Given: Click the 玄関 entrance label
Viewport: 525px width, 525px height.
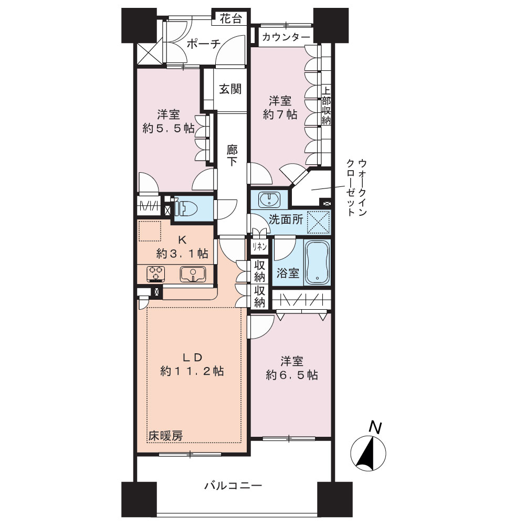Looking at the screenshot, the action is [230, 89].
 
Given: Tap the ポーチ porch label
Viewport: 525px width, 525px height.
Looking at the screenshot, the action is [204, 44].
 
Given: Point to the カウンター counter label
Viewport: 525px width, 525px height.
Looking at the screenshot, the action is [286, 37].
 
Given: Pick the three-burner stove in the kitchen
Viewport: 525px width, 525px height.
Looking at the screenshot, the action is [156, 274].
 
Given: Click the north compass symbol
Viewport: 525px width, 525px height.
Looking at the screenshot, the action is [369, 449].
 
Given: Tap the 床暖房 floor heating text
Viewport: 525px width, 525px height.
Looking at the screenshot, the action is [166, 436].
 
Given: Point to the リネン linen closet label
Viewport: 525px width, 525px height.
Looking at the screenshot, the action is [259, 247].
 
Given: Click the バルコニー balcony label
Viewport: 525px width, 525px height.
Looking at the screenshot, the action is [234, 485].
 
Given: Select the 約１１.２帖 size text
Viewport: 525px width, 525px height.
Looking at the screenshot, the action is [192, 371].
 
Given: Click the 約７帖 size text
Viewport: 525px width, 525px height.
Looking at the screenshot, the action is [280, 114].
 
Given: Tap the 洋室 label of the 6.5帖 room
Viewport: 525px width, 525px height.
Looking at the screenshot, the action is [292, 361].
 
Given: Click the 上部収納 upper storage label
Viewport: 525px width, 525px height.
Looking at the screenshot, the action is [327, 106].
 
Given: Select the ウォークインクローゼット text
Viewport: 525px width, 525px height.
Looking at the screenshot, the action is [357, 188].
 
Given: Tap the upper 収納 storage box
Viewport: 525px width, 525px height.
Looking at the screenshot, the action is [259, 271].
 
